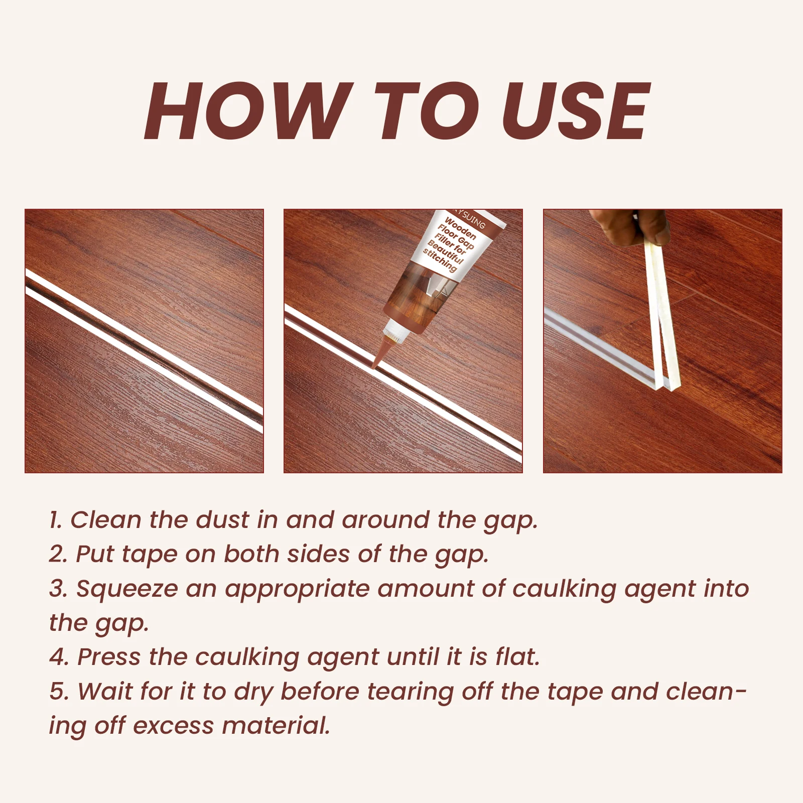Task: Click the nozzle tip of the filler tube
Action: click(375, 366)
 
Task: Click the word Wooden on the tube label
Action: click(460, 228)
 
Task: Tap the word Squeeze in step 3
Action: click(127, 589)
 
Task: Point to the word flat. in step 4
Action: click(517, 657)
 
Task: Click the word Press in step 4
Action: click(109, 657)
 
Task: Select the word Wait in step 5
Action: click(105, 692)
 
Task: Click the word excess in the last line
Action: click(173, 726)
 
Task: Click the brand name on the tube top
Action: click(469, 218)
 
